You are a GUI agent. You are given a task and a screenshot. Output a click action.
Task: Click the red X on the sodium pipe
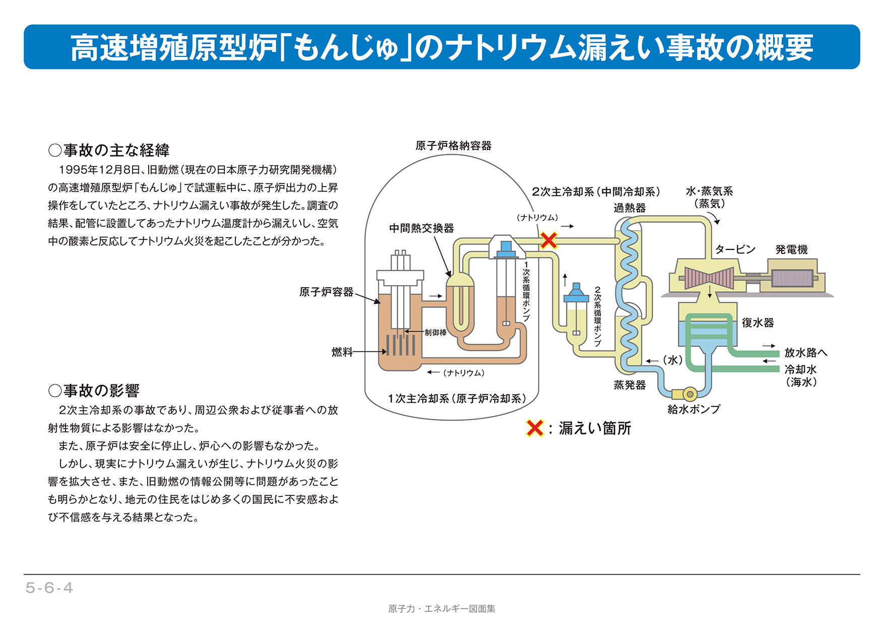[548, 241]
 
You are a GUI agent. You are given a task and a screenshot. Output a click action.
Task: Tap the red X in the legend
[534, 428]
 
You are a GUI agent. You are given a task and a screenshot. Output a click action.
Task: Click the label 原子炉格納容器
[453, 146]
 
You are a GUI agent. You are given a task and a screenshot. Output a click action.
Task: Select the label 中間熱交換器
[421, 228]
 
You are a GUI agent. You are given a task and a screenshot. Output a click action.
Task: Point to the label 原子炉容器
[326, 292]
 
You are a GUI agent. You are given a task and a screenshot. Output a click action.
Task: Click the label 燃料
[342, 352]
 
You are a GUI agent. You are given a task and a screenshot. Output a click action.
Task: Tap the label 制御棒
[435, 333]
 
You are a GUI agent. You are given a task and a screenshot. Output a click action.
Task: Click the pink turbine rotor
[709, 278]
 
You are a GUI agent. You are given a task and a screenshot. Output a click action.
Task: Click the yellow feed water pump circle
[689, 394]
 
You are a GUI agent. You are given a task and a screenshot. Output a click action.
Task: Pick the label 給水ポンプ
[693, 409]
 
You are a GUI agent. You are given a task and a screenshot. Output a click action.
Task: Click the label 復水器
[757, 323]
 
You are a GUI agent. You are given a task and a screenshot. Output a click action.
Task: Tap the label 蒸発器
[629, 385]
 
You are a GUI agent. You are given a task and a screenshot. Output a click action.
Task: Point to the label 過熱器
[629, 208]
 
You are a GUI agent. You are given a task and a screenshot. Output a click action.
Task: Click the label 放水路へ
[805, 353]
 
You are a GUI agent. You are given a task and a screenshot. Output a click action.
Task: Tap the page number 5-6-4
[49, 588]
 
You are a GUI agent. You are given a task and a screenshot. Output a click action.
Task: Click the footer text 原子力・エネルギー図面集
[441, 609]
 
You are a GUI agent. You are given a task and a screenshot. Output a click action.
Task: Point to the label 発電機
[791, 249]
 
